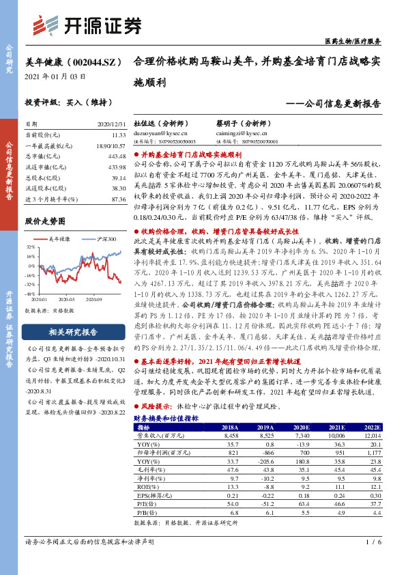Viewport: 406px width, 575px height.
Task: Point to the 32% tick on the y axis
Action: click(31, 245)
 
